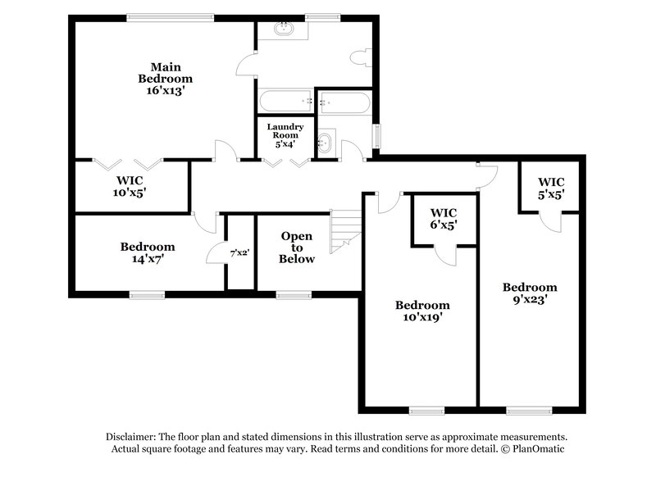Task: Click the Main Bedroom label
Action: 165,72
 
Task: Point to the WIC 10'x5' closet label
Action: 130,185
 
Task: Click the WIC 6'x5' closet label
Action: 443,217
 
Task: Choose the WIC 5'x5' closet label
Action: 550,188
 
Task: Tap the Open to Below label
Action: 297,248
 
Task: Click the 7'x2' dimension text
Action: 240,253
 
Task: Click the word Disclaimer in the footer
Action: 135,437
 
